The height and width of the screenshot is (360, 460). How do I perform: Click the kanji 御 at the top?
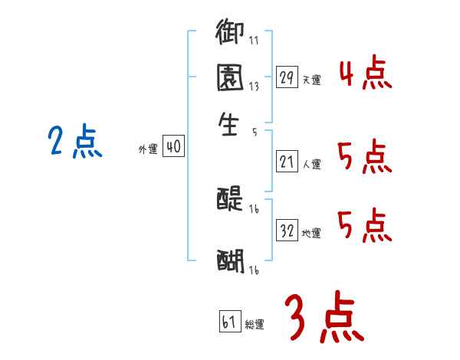[x=229, y=34]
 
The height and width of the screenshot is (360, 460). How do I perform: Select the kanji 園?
[x=229, y=78]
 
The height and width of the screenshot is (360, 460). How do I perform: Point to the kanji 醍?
[x=229, y=199]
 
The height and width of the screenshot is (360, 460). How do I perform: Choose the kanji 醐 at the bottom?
[x=229, y=260]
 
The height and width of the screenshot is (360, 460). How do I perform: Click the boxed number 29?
[x=287, y=77]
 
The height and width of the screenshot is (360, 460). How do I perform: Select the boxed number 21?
[x=287, y=162]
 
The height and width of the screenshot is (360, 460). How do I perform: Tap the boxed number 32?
[x=287, y=231]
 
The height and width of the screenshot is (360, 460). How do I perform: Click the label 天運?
[x=311, y=80]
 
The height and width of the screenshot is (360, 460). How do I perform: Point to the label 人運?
[x=311, y=164]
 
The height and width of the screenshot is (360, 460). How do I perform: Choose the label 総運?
[x=255, y=324]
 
